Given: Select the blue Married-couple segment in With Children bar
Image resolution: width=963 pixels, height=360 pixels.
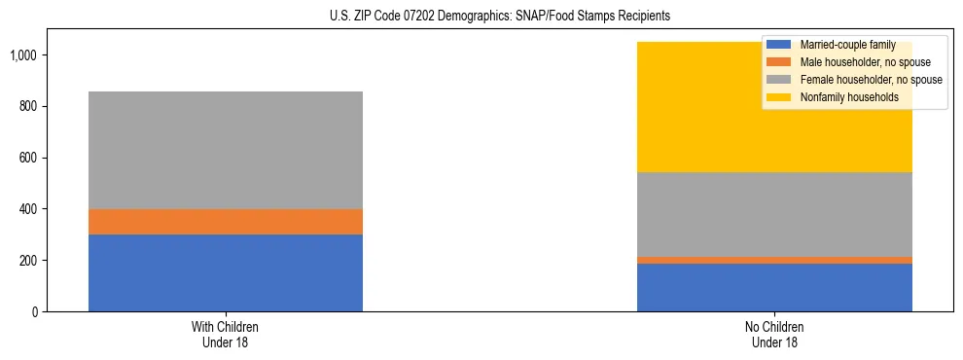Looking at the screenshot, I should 226,273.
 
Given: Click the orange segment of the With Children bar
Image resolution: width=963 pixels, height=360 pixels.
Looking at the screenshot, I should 226,222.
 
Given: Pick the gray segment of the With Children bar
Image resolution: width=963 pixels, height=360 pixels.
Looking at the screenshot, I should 226,150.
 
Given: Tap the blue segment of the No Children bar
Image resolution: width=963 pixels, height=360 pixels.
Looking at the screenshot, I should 774,288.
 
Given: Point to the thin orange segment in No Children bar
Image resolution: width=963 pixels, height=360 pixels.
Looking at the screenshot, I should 774,260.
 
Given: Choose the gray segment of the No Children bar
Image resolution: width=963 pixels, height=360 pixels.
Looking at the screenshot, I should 774,214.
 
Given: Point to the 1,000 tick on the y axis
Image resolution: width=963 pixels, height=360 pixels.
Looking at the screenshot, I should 22,55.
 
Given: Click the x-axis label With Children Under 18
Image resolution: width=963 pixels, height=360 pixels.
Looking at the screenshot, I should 226,334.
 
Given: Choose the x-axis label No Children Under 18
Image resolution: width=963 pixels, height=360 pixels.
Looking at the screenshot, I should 774,334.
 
